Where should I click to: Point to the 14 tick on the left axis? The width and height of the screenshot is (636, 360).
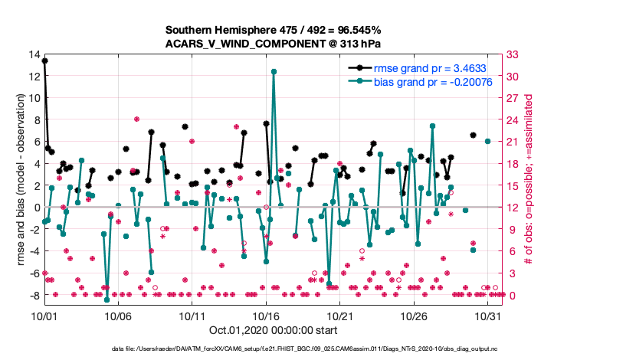35,54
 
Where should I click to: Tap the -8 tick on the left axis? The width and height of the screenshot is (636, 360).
34,295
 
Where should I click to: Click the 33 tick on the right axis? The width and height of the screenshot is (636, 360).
516,54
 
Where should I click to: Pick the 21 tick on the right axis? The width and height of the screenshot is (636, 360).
516,142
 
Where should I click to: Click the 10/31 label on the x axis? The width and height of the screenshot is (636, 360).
488,315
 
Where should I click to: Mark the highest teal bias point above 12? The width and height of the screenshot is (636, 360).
274,71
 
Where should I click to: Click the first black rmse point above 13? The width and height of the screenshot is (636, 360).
44,61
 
